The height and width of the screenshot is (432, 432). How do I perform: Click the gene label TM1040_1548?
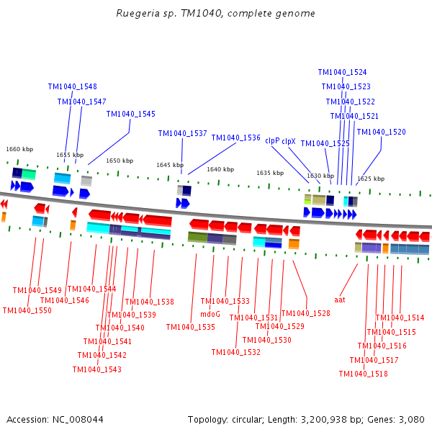click(72, 86)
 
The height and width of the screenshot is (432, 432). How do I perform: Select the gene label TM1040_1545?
click(130, 114)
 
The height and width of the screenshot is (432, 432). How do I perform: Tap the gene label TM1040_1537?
click(182, 134)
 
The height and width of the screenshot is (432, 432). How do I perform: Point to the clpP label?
click(272, 141)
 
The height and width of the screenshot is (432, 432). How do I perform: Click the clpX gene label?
click(289, 141)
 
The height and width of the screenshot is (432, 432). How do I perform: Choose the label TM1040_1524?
click(342, 73)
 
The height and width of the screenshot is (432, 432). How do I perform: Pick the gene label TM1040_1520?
click(381, 132)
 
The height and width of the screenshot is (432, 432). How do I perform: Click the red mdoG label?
click(210, 314)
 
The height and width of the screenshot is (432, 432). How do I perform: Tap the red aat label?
click(340, 299)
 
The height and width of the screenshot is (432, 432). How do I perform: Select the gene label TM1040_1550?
click(27, 311)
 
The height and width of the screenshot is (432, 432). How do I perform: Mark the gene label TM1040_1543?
click(96, 370)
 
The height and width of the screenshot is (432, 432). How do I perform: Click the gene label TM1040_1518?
click(363, 374)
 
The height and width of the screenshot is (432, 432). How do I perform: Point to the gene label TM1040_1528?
click(305, 314)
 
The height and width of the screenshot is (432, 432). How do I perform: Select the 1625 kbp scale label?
click(371, 179)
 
